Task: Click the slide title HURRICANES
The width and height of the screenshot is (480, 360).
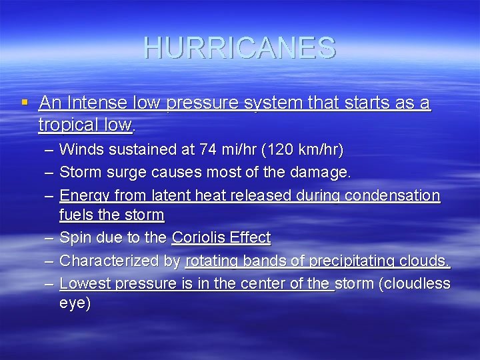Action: pyautogui.click(x=239, y=48)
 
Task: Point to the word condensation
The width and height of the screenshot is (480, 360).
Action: pyautogui.click(x=395, y=195)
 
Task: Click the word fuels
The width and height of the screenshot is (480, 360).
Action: pyautogui.click(x=75, y=215)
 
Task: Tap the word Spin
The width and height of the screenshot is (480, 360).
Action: pyautogui.click(x=73, y=237)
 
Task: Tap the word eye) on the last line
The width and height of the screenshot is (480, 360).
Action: pyautogui.click(x=75, y=303)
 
